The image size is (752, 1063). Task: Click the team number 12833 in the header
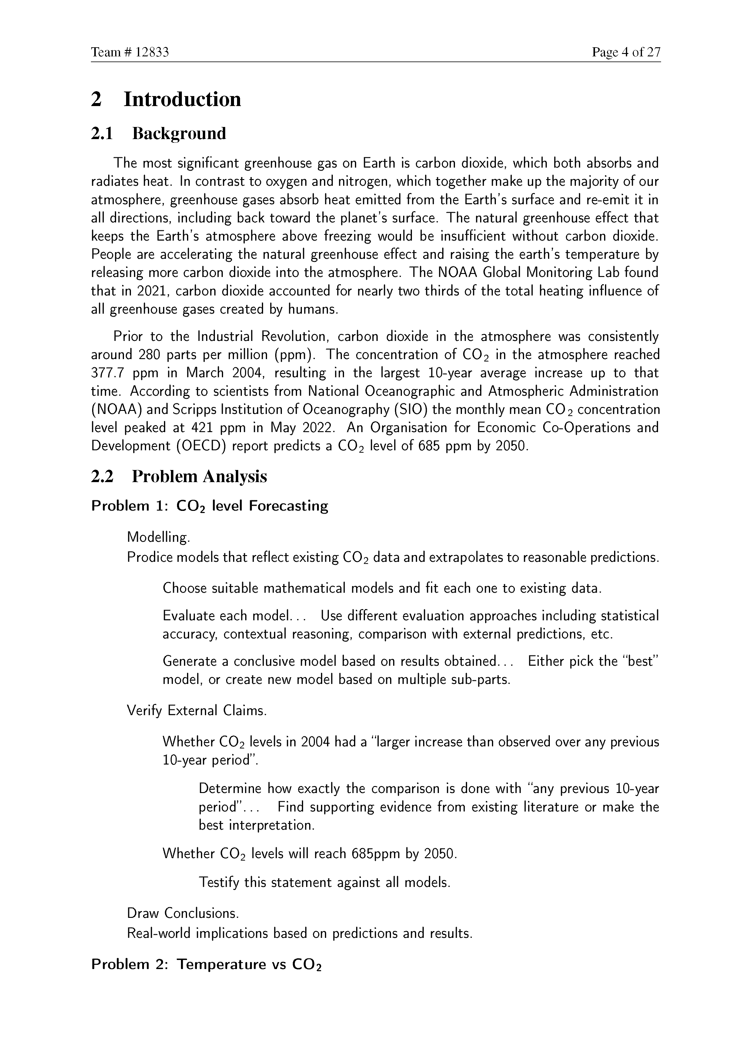[x=152, y=52]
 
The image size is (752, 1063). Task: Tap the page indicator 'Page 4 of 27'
[x=626, y=52]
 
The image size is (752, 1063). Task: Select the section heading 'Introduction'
[x=182, y=99]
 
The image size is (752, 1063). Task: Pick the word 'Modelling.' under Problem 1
[x=158, y=538]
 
